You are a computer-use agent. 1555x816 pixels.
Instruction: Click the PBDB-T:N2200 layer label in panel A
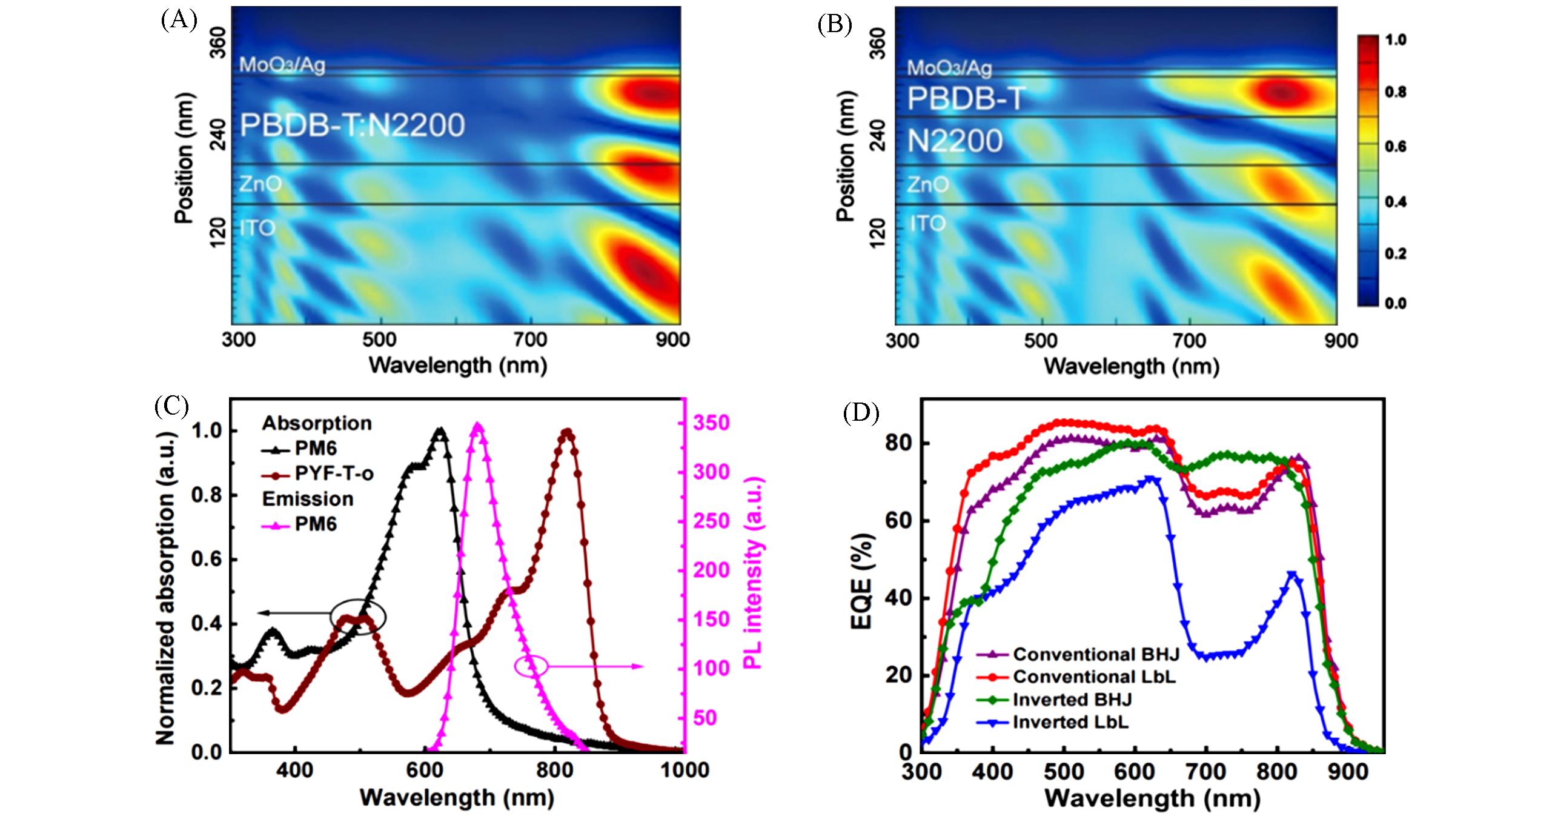click(x=352, y=126)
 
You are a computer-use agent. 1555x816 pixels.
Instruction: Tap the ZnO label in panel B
click(x=927, y=184)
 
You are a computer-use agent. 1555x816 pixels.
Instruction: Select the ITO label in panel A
click(x=257, y=228)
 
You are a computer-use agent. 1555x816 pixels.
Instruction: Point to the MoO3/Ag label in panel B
click(x=949, y=67)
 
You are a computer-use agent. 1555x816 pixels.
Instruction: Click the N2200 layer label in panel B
click(x=955, y=141)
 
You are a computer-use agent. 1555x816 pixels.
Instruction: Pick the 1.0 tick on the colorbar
click(x=1396, y=40)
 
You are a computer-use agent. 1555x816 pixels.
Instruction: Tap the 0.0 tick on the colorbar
click(x=1396, y=304)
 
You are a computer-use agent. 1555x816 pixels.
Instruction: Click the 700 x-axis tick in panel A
click(x=531, y=340)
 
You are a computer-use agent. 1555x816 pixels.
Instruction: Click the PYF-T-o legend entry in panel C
click(x=334, y=473)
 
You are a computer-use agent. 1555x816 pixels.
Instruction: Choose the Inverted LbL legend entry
click(x=1070, y=722)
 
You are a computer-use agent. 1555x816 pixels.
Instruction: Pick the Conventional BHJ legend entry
click(x=1096, y=654)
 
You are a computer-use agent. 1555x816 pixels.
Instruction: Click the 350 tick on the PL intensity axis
click(x=712, y=423)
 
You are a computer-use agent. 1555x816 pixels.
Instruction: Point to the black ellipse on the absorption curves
click(x=358, y=617)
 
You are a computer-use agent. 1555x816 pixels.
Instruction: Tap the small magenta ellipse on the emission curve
click(x=531, y=666)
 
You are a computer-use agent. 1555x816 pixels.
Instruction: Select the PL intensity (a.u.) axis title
click(x=754, y=572)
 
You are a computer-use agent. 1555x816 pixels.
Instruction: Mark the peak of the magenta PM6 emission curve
click(x=477, y=426)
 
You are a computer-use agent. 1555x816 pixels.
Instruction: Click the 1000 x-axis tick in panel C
click(x=685, y=771)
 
